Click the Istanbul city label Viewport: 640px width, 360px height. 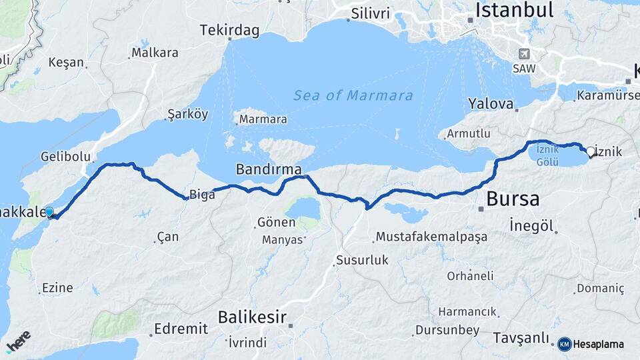tap(514, 10)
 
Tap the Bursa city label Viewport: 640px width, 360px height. tap(513, 199)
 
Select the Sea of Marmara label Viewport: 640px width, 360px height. tap(353, 95)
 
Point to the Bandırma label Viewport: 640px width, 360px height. tap(269, 169)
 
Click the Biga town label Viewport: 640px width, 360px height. tap(202, 195)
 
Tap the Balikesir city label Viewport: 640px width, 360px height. tap(253, 317)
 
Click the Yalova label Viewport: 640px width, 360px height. tap(491, 104)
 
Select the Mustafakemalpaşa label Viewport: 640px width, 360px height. tap(431, 237)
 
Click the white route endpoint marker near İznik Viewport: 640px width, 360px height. tap(590, 151)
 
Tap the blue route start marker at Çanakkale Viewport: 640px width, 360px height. tap(49, 212)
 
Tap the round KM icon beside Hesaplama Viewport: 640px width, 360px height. tap(564, 344)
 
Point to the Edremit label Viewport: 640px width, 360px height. tap(181, 329)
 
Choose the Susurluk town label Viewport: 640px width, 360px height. tap(362, 260)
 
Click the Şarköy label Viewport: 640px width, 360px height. tap(188, 114)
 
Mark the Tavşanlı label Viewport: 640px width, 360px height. tap(521, 338)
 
